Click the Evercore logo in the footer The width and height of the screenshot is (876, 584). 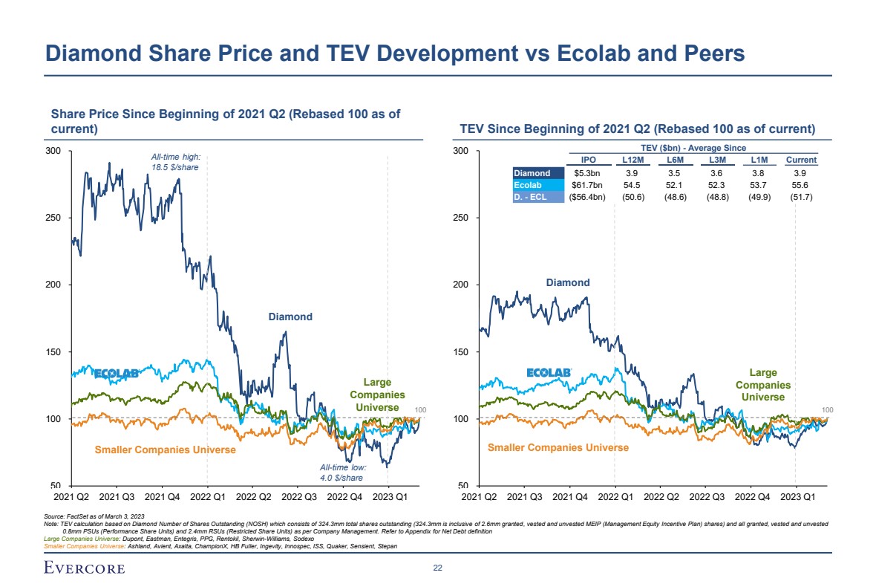(x=82, y=568)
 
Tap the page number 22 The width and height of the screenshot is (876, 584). (x=437, y=568)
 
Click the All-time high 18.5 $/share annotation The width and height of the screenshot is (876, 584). (x=175, y=161)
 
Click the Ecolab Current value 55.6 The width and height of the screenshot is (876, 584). (x=801, y=185)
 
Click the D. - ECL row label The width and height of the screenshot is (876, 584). (x=532, y=197)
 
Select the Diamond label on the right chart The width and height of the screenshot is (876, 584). (x=568, y=282)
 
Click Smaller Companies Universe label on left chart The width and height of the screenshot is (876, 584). (x=166, y=450)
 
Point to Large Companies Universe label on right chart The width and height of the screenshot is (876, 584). (x=763, y=385)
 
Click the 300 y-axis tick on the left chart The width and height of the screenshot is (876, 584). (x=53, y=152)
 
